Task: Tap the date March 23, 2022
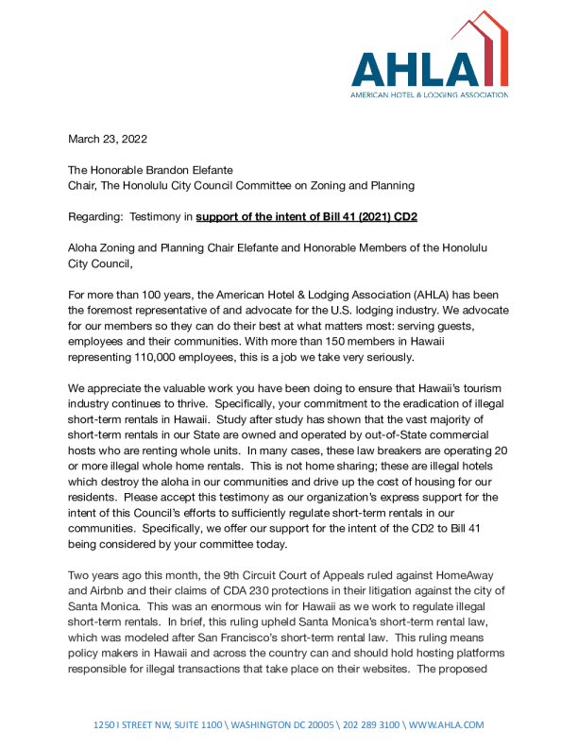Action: pos(108,139)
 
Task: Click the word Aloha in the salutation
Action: pos(85,247)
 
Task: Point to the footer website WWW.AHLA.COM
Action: pos(447,724)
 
